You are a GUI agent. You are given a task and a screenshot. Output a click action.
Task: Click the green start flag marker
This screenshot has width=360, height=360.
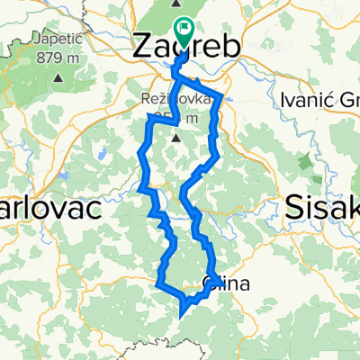[x=184, y=29]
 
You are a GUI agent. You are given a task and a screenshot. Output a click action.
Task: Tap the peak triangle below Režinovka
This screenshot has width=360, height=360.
[x=177, y=139]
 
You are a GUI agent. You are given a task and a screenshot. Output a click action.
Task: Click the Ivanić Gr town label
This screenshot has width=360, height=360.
[x=320, y=99]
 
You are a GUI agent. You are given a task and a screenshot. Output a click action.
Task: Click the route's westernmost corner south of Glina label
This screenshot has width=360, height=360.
[x=159, y=286]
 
